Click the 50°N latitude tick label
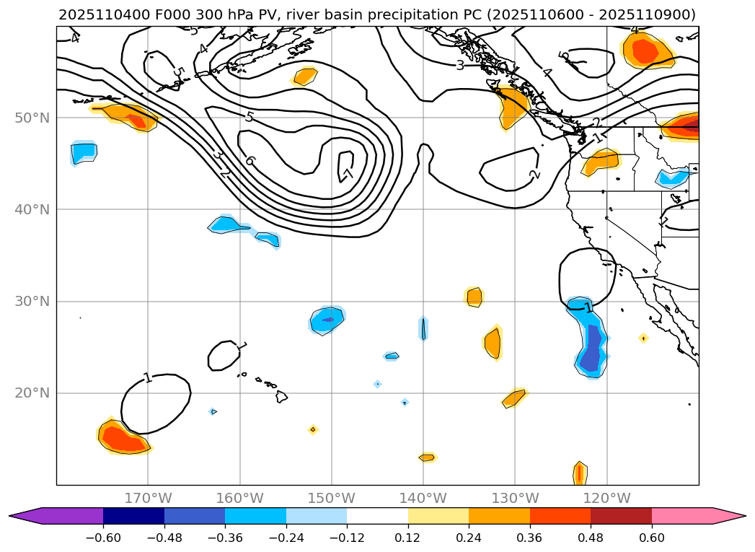point(32,118)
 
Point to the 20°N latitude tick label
point(32,393)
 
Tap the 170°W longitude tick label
point(148,498)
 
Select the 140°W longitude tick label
point(423,498)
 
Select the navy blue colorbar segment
point(133,515)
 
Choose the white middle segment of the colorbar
point(377,515)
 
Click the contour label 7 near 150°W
point(347,173)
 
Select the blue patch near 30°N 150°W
point(327,319)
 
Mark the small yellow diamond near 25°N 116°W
point(643,338)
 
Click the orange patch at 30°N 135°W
point(474,297)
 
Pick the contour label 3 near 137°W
point(459,66)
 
